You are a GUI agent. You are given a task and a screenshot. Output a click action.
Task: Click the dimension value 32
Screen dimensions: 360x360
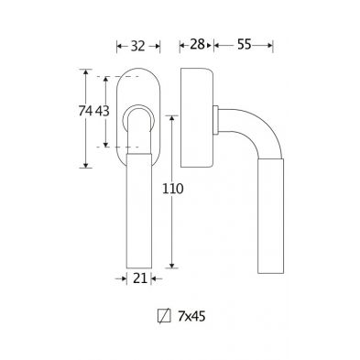coord(137,46)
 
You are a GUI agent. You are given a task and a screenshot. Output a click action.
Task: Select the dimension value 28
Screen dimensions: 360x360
coord(197,45)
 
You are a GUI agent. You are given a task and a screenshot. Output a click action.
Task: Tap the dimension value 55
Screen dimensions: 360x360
coord(244,45)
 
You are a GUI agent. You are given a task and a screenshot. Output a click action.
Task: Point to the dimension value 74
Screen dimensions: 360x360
coord(85,111)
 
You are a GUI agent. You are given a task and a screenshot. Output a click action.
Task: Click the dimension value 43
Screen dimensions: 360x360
coord(103,111)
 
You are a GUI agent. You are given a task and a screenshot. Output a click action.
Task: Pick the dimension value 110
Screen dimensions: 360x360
coord(172,189)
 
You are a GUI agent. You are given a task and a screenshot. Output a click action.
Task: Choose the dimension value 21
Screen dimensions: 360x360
coord(140,278)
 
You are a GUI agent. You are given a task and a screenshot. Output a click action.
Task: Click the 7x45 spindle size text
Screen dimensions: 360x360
coord(191,317)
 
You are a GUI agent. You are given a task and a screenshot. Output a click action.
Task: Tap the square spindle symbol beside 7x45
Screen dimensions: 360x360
coord(164,316)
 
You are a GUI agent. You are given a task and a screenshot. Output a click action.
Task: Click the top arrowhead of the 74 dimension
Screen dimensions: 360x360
coord(85,72)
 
